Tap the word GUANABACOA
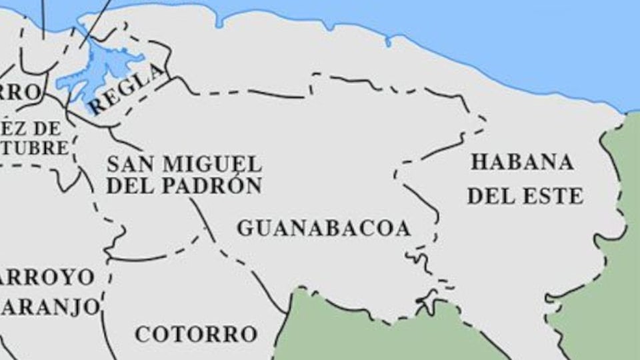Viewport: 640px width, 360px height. point(323,229)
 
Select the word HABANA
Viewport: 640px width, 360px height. point(522,162)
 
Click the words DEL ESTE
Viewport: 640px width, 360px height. point(525,196)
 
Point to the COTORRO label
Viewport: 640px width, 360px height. point(196,334)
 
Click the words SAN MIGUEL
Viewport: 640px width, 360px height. point(184,164)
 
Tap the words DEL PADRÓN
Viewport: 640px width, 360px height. point(184,186)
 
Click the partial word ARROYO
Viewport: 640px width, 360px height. point(47,277)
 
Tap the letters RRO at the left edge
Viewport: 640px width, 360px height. point(20,91)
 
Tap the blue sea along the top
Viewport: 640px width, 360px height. point(467,27)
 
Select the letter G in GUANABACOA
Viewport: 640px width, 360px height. point(245,229)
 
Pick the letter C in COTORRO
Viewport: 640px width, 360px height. point(143,334)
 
